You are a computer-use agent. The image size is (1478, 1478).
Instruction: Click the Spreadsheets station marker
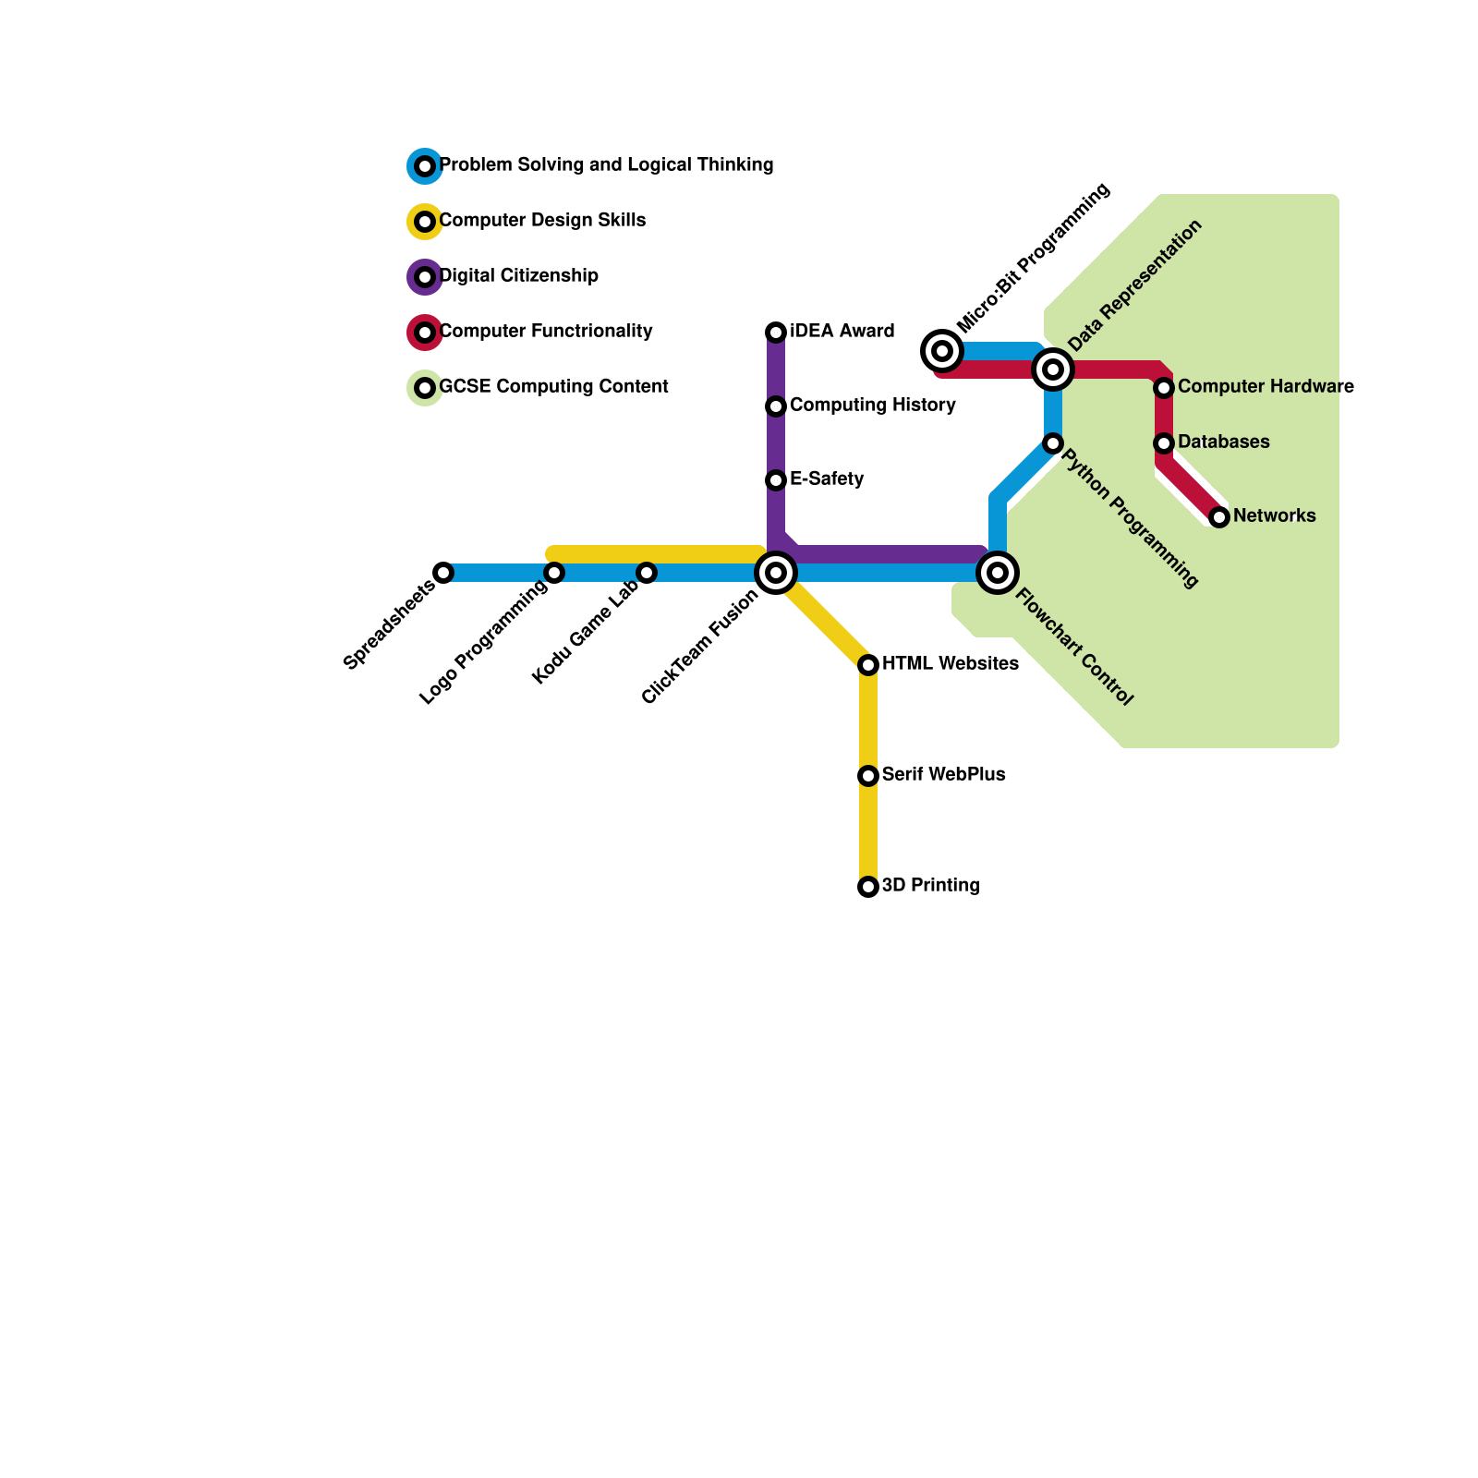[x=443, y=573]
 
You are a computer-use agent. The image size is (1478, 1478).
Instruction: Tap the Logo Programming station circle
[x=554, y=573]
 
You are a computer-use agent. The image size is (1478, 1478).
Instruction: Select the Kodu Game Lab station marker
[x=647, y=573]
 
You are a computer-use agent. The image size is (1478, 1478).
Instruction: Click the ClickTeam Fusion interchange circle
[x=776, y=573]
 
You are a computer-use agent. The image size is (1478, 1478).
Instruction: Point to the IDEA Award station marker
[x=776, y=333]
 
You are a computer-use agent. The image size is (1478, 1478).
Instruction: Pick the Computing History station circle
[x=776, y=406]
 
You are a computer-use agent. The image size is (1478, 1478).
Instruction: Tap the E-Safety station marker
[x=776, y=480]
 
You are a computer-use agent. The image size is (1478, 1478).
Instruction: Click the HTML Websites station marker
[x=868, y=665]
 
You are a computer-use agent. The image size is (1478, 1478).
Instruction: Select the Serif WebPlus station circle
[x=868, y=776]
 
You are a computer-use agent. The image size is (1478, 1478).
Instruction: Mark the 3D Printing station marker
[x=868, y=887]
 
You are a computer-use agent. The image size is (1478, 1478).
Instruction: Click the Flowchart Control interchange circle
[x=998, y=573]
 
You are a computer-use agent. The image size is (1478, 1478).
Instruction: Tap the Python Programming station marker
[x=1053, y=443]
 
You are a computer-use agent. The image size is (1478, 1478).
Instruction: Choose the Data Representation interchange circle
[x=1053, y=369]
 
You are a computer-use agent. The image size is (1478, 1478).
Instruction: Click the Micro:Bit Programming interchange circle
[x=942, y=351]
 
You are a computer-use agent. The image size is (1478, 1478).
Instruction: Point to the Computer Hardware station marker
[x=1164, y=388]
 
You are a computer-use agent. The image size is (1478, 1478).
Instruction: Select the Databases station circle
[x=1164, y=443]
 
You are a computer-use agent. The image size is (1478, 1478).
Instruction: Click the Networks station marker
[x=1219, y=517]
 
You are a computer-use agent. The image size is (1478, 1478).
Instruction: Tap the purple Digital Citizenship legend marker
[x=425, y=277]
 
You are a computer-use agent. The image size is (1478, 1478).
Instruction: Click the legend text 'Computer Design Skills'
[x=542, y=221]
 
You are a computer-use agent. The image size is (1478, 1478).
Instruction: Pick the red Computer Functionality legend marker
[x=425, y=333]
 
